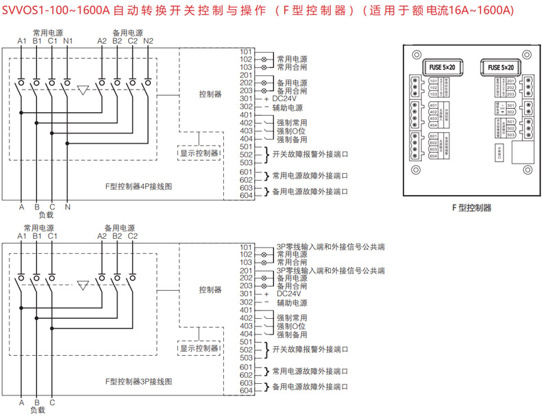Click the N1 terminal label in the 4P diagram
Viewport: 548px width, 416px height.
pyautogui.click(x=67, y=41)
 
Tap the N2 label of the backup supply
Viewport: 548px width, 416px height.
pyautogui.click(x=149, y=41)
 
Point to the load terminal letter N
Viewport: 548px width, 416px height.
pyautogui.click(x=67, y=206)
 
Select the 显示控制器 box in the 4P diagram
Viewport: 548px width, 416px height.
pyautogui.click(x=199, y=153)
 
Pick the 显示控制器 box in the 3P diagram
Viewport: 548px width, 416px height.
pyautogui.click(x=199, y=348)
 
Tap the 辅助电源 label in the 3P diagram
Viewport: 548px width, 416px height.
pyautogui.click(x=292, y=302)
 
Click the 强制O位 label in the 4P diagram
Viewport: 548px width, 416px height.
pyautogui.click(x=291, y=131)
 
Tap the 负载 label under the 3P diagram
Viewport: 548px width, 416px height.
pyautogui.click(x=37, y=409)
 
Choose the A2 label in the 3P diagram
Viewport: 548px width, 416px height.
pyautogui.click(x=102, y=236)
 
